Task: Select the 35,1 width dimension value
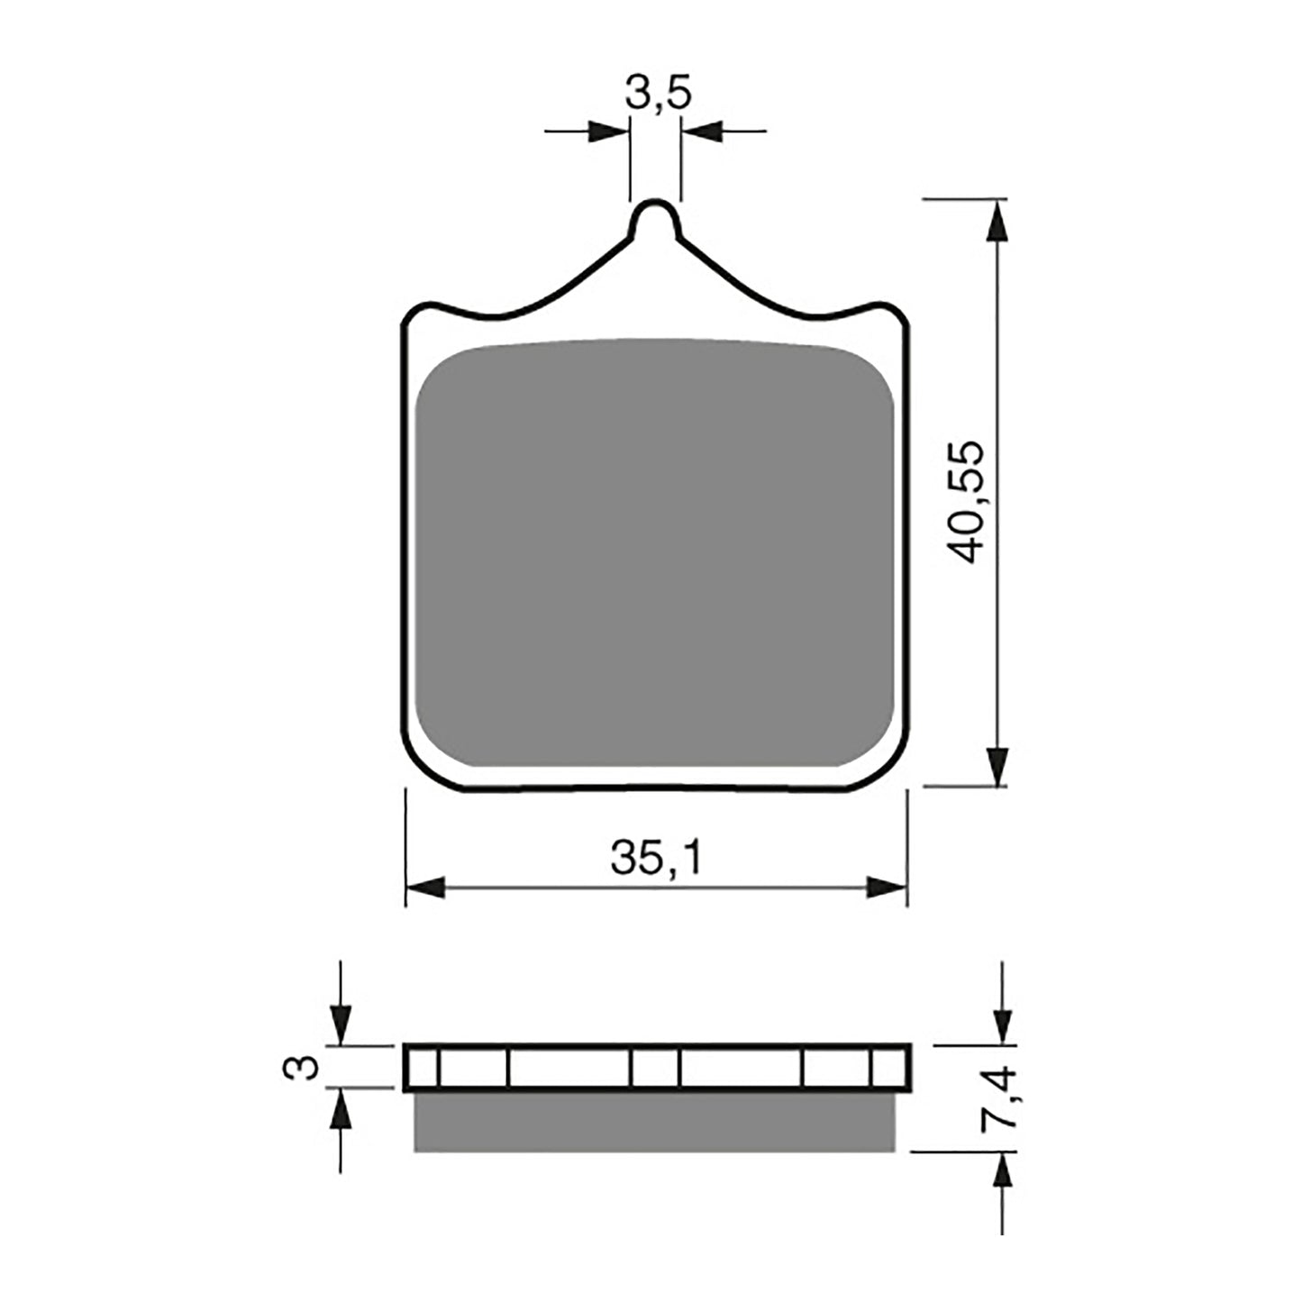point(656,860)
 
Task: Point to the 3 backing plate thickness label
point(301,1067)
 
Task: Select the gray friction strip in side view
point(656,1120)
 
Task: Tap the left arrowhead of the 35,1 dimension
point(426,888)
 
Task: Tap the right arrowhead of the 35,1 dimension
point(886,888)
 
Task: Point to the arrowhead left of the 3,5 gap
point(609,132)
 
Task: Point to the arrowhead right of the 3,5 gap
point(703,132)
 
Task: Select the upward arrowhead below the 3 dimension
point(340,1109)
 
